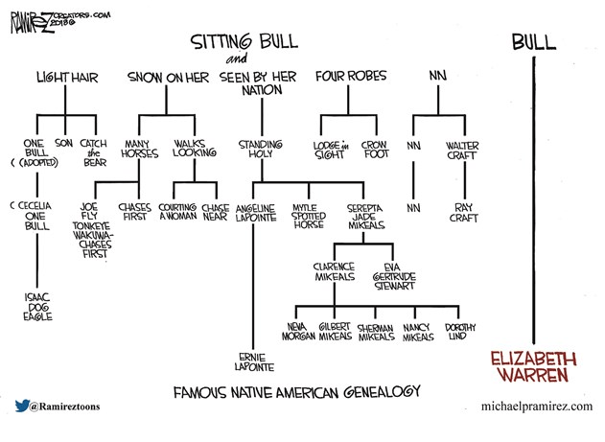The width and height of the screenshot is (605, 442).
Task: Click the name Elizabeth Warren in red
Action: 534,365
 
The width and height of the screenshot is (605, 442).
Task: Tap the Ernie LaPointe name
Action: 252,361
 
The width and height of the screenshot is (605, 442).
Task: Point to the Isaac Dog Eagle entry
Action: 38,307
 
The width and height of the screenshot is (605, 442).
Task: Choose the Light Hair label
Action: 65,76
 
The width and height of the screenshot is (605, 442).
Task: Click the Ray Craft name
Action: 464,212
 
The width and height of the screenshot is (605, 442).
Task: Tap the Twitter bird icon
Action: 20,406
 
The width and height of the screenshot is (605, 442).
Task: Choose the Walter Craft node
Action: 464,151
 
